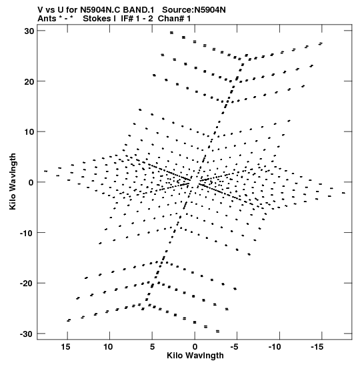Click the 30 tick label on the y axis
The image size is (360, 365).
29,31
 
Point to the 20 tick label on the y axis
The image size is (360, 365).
29,81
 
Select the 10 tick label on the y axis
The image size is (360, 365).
29,132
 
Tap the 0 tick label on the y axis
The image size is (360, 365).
31,183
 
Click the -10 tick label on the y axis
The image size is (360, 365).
27,233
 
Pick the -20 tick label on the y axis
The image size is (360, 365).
27,284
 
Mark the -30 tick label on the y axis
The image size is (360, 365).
27,334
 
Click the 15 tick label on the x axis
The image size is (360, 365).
66,347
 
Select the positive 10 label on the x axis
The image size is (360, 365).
108,347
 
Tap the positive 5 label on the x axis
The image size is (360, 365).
152,347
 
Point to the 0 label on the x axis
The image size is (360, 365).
195,347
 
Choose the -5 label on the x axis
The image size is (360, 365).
235,347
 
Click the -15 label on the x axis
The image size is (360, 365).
317,347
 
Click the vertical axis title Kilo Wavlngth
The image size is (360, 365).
13,181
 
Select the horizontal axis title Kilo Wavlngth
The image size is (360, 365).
195,356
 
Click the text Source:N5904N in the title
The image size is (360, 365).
194,10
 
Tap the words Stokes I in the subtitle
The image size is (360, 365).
99,19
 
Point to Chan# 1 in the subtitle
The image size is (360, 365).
174,19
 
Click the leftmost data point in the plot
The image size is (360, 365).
46,171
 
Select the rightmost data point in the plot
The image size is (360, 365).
344,193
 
